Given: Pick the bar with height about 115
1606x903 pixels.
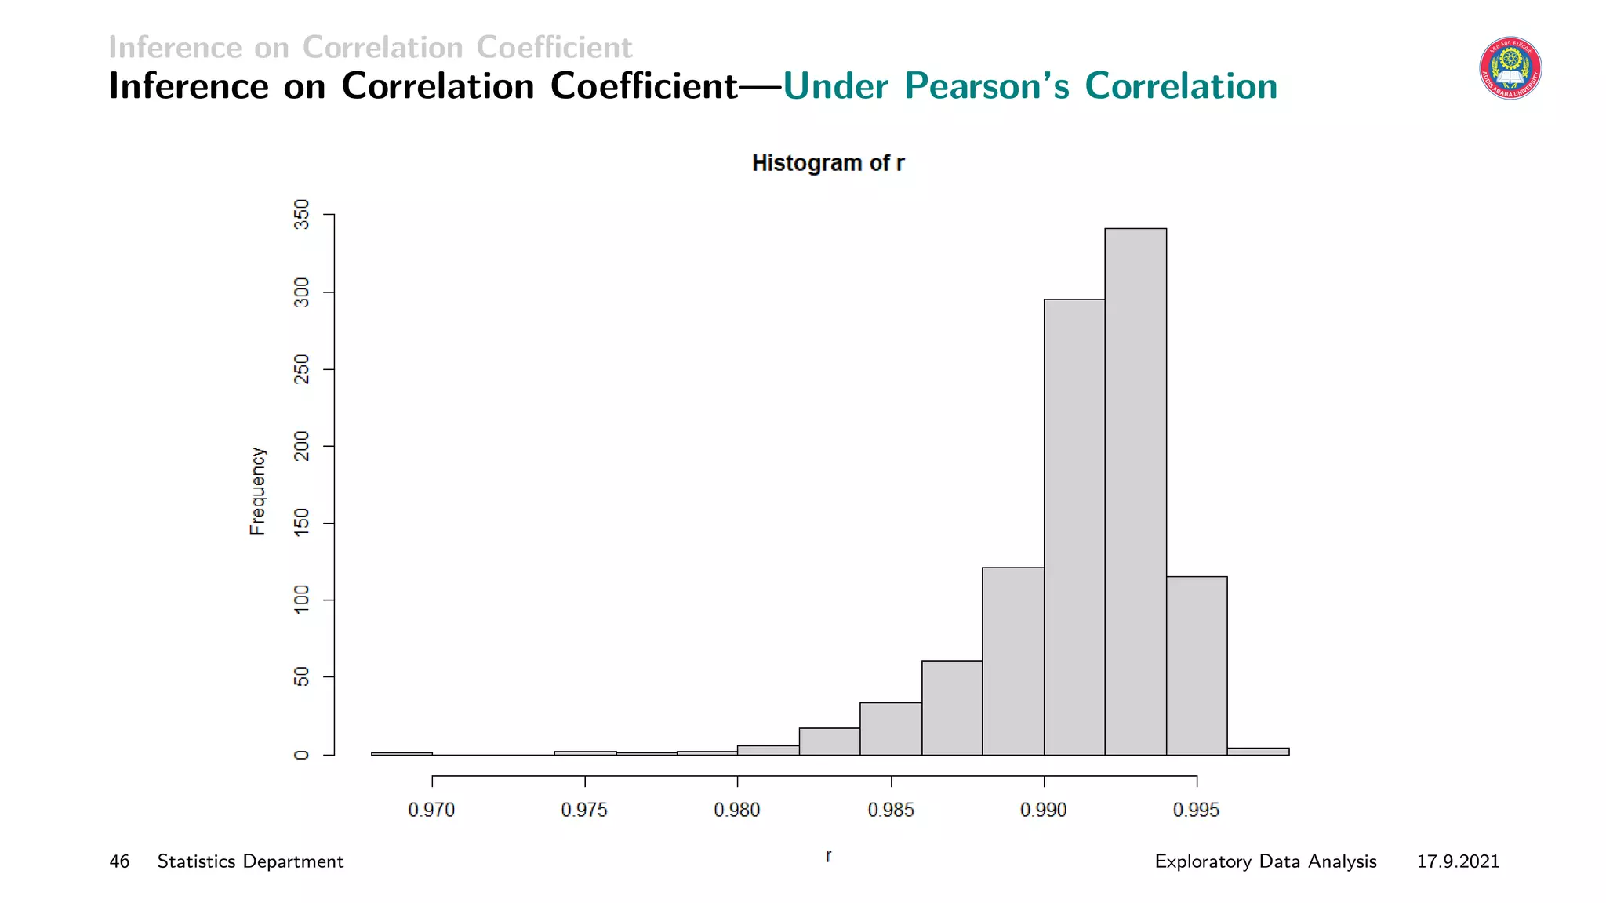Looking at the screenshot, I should pos(1197,665).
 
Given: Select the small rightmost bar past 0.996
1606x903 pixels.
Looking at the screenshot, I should pos(1258,752).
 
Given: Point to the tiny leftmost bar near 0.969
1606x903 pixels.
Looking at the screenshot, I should pos(401,753).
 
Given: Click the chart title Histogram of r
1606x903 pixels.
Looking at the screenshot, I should pos(827,163).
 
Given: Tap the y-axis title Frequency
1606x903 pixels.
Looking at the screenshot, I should pos(258,491).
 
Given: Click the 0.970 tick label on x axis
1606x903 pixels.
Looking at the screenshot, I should pos(431,811).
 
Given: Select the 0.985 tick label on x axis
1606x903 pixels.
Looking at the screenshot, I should pos(891,811).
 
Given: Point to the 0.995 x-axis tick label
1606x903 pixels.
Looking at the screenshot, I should pos(1196,811).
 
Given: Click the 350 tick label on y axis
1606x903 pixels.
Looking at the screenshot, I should pos(302,214).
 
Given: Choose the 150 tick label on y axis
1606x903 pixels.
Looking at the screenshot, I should pos(302,523).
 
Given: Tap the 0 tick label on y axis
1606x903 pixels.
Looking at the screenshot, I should pos(302,755).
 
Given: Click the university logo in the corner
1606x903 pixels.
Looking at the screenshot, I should pos(1510,69).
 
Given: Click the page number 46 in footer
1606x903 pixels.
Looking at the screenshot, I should pos(119,861).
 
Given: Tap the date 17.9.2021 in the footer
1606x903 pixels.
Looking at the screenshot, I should pos(1457,861).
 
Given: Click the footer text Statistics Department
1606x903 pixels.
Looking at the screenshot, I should pos(250,861).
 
